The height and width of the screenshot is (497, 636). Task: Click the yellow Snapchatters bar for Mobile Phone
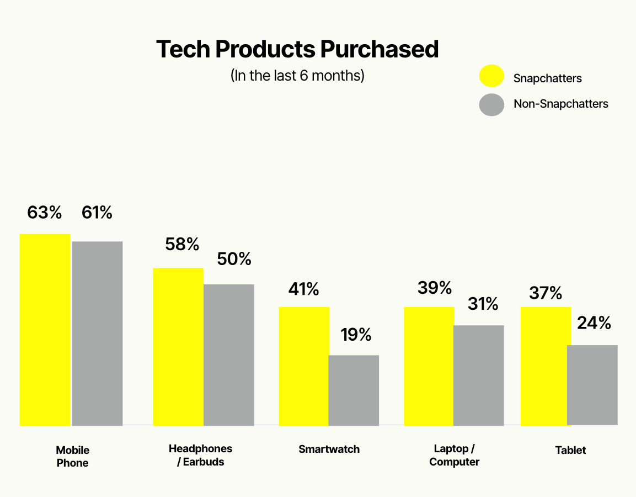pyautogui.click(x=45, y=330)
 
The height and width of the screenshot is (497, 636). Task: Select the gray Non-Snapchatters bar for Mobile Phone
pyautogui.click(x=97, y=334)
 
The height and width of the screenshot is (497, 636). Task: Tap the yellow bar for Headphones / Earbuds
pyautogui.click(x=178, y=347)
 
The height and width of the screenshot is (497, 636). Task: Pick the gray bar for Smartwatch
pyautogui.click(x=354, y=390)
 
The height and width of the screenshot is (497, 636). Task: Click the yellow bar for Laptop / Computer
pyautogui.click(x=429, y=366)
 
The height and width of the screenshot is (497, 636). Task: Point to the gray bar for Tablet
pyautogui.click(x=592, y=385)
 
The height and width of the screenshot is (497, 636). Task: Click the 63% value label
pyautogui.click(x=45, y=213)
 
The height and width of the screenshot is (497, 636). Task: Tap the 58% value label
pyautogui.click(x=182, y=244)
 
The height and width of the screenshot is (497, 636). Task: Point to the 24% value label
pyautogui.click(x=594, y=323)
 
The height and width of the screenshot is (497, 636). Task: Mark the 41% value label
pyautogui.click(x=303, y=289)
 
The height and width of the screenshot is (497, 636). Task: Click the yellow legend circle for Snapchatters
pyautogui.click(x=491, y=76)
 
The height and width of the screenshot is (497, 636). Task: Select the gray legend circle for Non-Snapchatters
pyautogui.click(x=491, y=105)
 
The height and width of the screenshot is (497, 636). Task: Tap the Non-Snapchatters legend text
pyautogui.click(x=560, y=104)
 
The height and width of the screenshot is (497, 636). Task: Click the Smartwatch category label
pyautogui.click(x=329, y=449)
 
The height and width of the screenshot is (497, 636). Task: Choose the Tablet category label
pyautogui.click(x=570, y=450)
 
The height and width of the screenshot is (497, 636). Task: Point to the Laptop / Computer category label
pyautogui.click(x=454, y=455)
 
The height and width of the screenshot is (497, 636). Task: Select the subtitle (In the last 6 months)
pyautogui.click(x=297, y=75)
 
